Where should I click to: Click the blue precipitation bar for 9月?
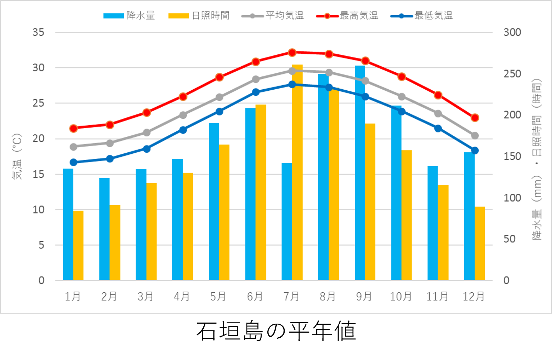pos(360,173)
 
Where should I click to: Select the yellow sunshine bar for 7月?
pos(297,172)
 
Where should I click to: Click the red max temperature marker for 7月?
pos(292,53)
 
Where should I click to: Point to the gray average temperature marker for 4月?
pos(183,115)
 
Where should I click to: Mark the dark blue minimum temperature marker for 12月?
pos(475,150)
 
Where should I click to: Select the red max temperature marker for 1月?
pos(73,129)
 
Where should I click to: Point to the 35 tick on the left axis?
pos(39,32)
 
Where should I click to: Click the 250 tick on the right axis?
pos(512,74)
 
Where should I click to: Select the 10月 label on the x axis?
pos(401,297)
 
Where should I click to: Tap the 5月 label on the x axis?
pos(218,297)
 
